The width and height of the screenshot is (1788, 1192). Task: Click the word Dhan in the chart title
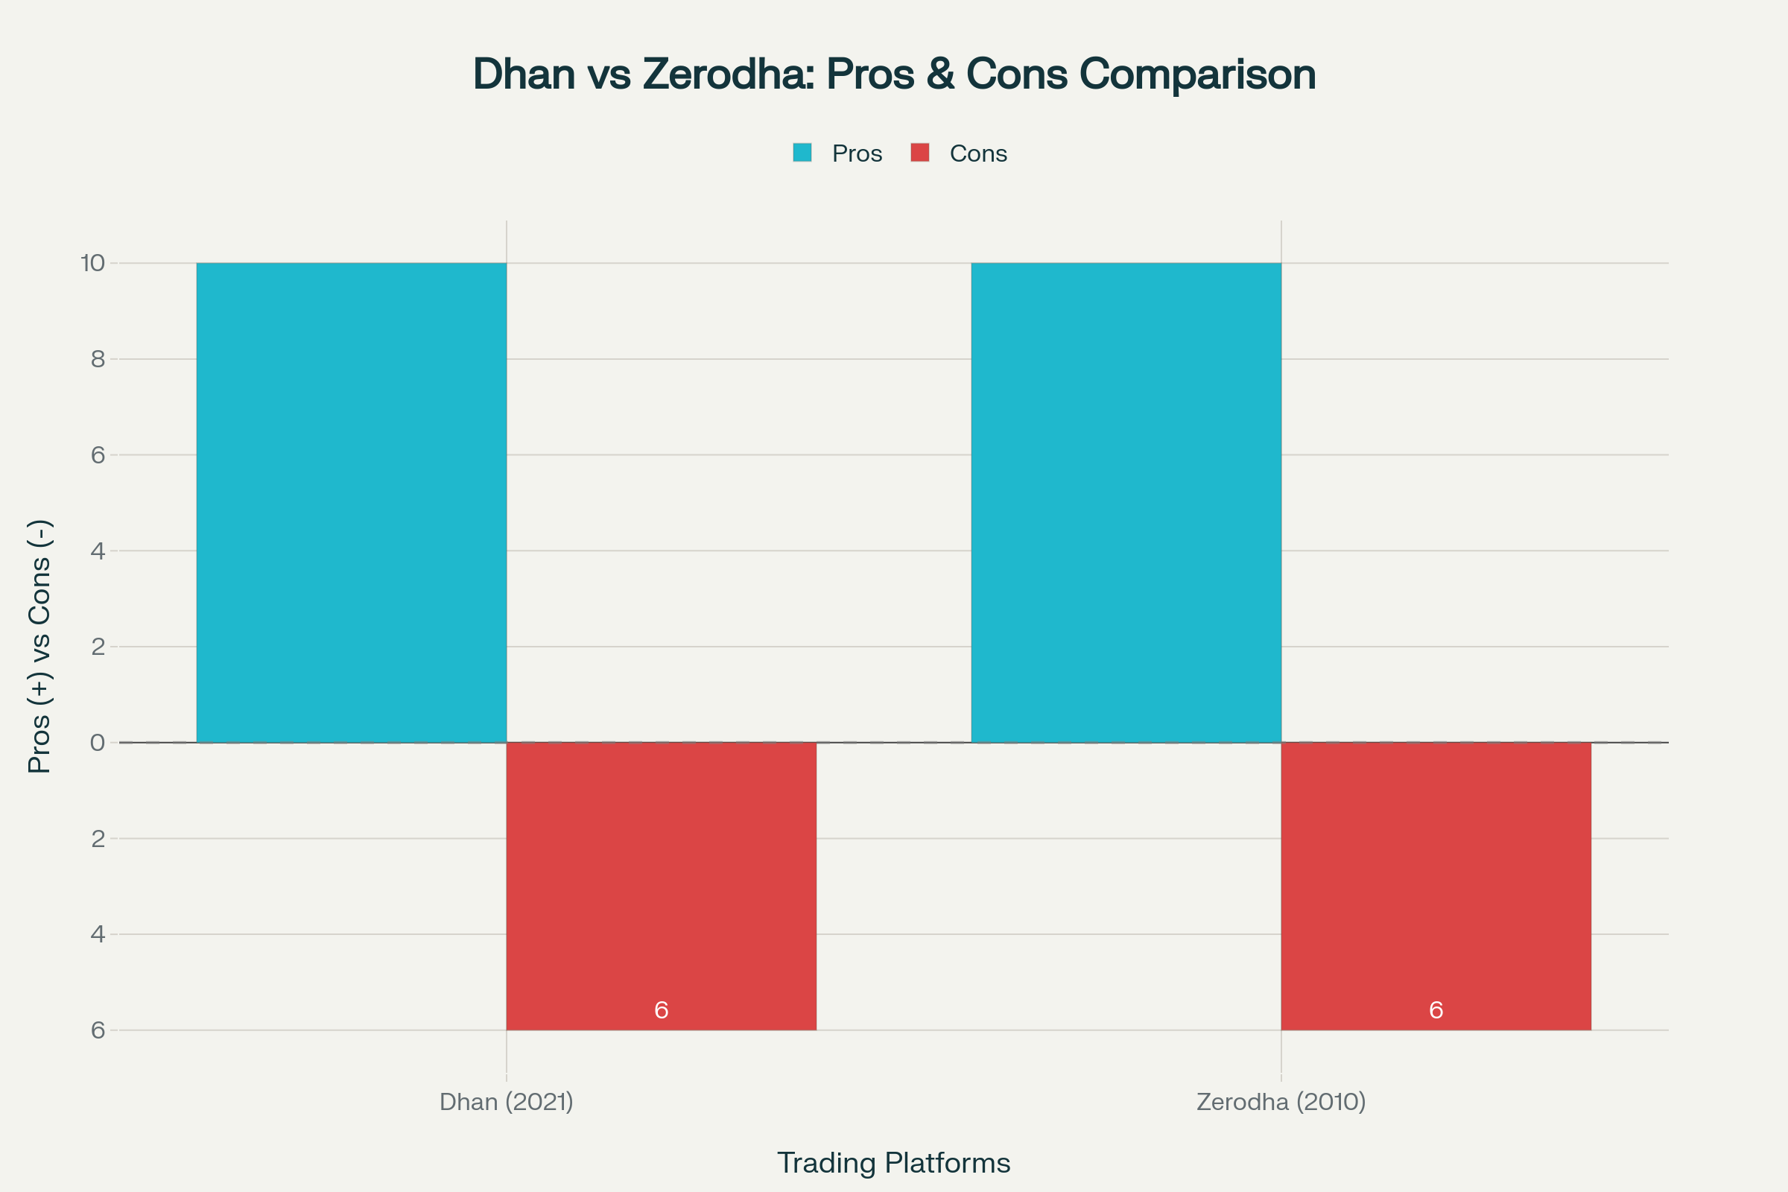pyautogui.click(x=524, y=74)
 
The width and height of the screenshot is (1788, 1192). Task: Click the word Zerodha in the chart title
pyautogui.click(x=728, y=74)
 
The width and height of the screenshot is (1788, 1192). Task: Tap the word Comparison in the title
pyautogui.click(x=1197, y=74)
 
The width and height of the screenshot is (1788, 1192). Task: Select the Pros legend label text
pyautogui.click(x=857, y=153)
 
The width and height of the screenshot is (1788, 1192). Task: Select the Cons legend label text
pyautogui.click(x=978, y=153)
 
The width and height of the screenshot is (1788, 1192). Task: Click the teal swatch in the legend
pyautogui.click(x=802, y=153)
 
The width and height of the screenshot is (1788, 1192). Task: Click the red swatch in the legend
pyautogui.click(x=920, y=153)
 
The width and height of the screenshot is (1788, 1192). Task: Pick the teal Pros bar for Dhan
pyautogui.click(x=351, y=501)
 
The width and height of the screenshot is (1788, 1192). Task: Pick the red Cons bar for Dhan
pyautogui.click(x=661, y=874)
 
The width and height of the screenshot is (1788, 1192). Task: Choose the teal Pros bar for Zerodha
pyautogui.click(x=1126, y=501)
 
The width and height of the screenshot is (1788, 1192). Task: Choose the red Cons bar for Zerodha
pyautogui.click(x=1436, y=874)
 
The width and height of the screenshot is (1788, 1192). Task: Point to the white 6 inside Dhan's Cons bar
pyautogui.click(x=661, y=1010)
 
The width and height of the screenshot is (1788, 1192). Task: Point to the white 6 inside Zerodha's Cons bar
pyautogui.click(x=1436, y=1010)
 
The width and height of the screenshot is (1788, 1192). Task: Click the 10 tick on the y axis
pyautogui.click(x=92, y=263)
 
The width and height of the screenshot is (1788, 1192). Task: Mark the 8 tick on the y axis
pyautogui.click(x=98, y=359)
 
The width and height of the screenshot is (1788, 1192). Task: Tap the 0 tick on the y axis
pyautogui.click(x=98, y=743)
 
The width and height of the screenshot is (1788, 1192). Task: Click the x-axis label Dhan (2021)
pyautogui.click(x=507, y=1102)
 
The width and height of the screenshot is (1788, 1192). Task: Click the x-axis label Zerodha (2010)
pyautogui.click(x=1281, y=1102)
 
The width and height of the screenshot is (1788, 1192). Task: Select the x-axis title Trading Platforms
pyautogui.click(x=893, y=1163)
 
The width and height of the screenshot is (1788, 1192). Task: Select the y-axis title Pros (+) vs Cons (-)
pyautogui.click(x=39, y=646)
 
